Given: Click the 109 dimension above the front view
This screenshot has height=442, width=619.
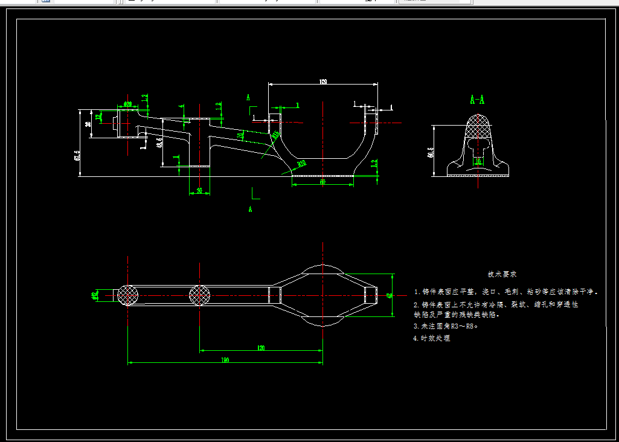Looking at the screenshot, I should [323, 82].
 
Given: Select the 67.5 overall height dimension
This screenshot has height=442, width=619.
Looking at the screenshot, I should [77, 156].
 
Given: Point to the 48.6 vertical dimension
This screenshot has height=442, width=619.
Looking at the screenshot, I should [159, 143].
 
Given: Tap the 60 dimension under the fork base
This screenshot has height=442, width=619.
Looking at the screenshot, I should [322, 181].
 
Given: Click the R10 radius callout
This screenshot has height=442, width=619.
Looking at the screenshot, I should [301, 163].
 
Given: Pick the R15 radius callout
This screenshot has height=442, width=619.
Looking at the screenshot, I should [275, 134].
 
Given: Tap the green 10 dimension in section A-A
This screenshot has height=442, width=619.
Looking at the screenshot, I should [478, 161].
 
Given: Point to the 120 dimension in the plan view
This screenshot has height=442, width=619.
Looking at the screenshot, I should [261, 348].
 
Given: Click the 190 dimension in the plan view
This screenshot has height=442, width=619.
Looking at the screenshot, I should [225, 360].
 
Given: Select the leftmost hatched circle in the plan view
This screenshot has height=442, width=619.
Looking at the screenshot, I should [127, 295].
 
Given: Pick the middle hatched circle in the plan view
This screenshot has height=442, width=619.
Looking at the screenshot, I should [200, 295].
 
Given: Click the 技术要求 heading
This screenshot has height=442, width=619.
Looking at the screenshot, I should [502, 274].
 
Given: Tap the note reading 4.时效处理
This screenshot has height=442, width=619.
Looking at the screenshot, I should [431, 338].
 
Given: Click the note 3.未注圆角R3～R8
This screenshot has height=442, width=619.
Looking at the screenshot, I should [446, 326].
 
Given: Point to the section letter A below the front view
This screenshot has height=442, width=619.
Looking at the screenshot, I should [249, 209].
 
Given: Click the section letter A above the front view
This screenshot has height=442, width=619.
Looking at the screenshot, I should [248, 97].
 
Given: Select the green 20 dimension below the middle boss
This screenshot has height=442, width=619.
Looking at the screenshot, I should [199, 191].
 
